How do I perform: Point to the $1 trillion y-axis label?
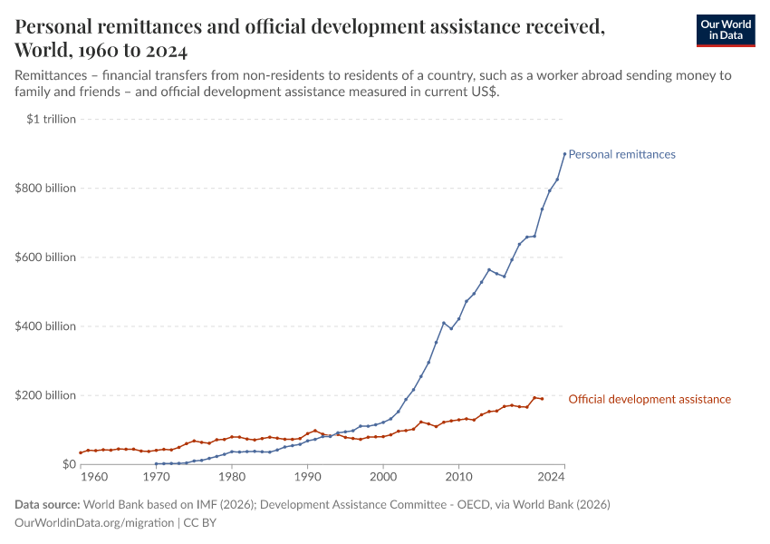(x=52, y=119)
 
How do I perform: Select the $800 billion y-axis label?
(x=45, y=189)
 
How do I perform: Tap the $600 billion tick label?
(x=45, y=257)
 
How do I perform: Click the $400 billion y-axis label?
(x=45, y=326)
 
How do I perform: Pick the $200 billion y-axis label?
(x=45, y=395)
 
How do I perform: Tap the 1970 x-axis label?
(x=157, y=476)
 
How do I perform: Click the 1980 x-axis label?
(x=232, y=476)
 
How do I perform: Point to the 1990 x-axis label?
(x=307, y=476)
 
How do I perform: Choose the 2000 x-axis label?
(x=383, y=476)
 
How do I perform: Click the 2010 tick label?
(x=458, y=476)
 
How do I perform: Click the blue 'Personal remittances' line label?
(x=621, y=154)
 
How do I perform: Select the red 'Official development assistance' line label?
(x=650, y=399)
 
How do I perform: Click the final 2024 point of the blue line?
(x=564, y=153)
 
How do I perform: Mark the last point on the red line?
(x=542, y=399)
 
